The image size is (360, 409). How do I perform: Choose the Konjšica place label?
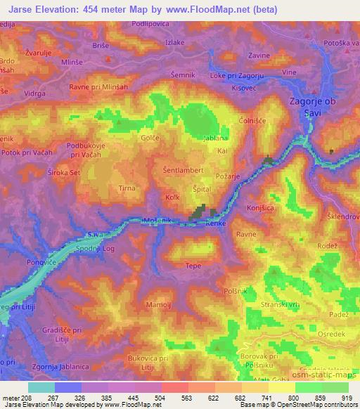260,209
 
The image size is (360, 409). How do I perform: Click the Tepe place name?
193,266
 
